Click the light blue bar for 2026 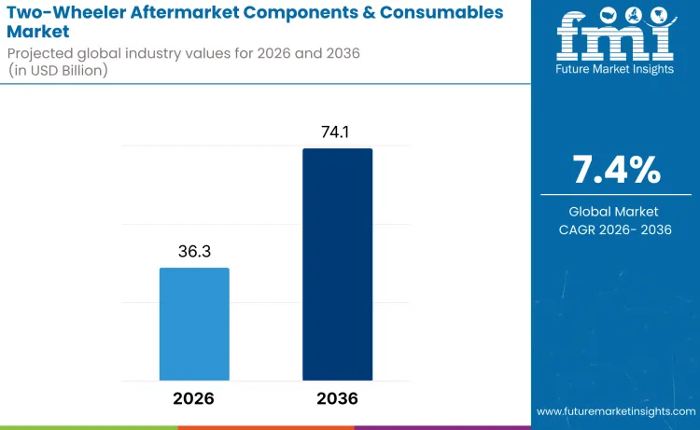194,324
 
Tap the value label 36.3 194,252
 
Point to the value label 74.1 337,132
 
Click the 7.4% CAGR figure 615,171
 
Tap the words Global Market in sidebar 615,212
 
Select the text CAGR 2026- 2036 615,229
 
